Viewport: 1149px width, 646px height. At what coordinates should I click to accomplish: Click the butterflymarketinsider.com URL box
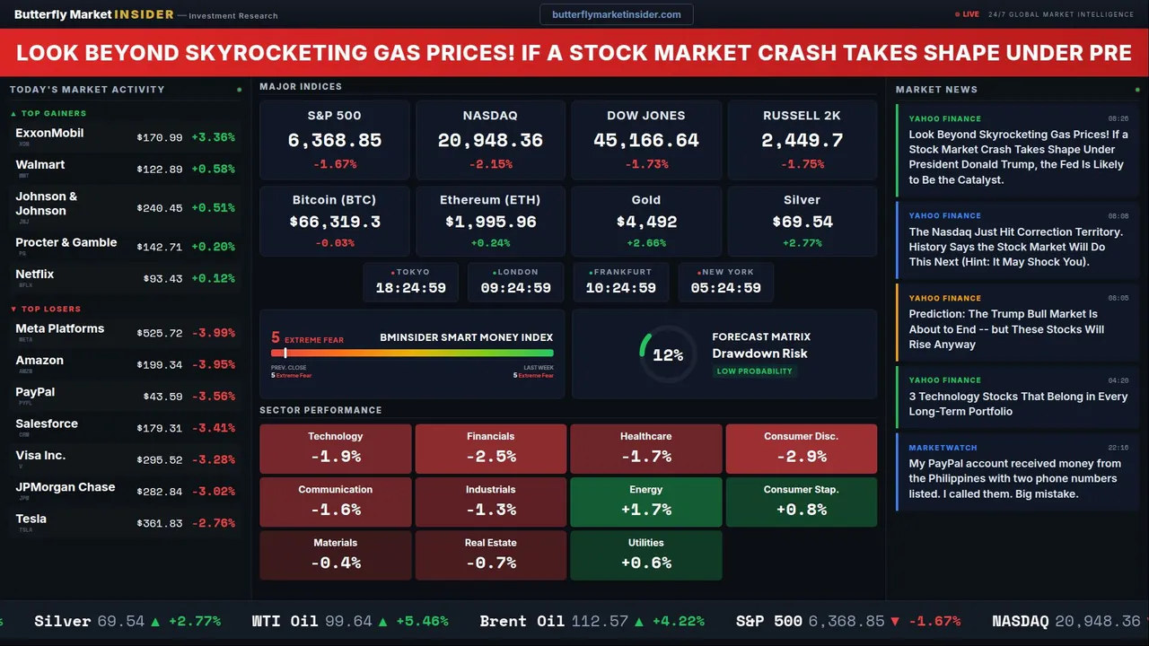[617, 14]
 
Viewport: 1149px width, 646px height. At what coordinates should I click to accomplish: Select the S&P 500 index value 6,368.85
[335, 141]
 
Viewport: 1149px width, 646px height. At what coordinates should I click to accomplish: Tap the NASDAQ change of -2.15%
[490, 164]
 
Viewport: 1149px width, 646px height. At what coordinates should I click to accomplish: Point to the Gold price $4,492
[646, 222]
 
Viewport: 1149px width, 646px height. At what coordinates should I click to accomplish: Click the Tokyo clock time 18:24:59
[410, 288]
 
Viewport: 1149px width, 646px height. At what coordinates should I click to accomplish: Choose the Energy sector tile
[646, 502]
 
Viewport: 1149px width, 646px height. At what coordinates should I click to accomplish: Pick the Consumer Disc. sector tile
[801, 449]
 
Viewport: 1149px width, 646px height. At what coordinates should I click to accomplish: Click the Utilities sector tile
[646, 554]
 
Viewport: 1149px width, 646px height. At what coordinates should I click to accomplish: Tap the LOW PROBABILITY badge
[754, 371]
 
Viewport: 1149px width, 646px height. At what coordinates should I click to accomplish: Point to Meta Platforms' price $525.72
[160, 333]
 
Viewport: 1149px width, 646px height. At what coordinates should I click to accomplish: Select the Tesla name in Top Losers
[31, 519]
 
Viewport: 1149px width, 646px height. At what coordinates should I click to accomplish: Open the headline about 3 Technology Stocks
[1018, 404]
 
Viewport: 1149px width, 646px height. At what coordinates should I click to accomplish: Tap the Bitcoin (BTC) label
[334, 200]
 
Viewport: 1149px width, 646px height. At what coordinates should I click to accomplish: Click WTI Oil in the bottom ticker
[285, 621]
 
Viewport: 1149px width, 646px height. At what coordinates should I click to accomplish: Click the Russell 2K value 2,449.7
[802, 141]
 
